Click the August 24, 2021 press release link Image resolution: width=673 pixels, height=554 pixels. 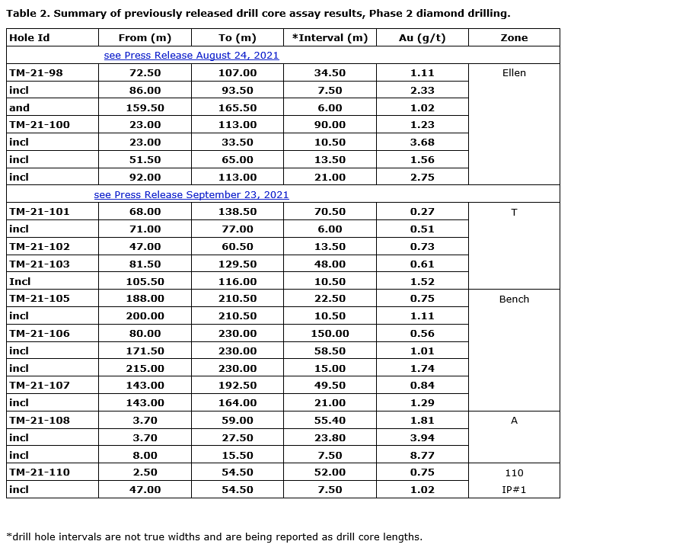coord(191,56)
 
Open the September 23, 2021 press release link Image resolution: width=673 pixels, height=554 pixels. coord(191,194)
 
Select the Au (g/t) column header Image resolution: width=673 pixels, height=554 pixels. coord(422,38)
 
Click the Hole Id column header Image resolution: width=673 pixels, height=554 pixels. coord(29,38)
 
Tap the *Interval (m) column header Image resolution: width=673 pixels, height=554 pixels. coord(330,38)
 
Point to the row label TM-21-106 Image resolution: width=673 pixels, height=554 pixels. coord(40,334)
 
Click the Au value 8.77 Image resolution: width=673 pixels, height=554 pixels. coord(422,455)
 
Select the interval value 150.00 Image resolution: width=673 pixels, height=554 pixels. coord(330,334)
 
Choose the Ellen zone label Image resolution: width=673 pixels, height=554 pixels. coord(514,73)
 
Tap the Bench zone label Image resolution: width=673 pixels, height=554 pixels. coord(514,299)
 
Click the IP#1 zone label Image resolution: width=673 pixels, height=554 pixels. coord(514,490)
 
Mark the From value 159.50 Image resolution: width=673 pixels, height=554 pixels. coord(145,108)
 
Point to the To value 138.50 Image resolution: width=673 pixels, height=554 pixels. coord(238,212)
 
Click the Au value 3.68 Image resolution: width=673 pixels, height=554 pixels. coord(422,143)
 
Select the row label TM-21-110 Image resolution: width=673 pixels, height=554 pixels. coord(40,472)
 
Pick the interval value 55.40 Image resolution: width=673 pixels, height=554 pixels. coord(330,421)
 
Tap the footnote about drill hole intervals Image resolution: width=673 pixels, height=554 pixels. coord(214,536)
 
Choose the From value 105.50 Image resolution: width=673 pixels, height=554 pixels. coord(145,281)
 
